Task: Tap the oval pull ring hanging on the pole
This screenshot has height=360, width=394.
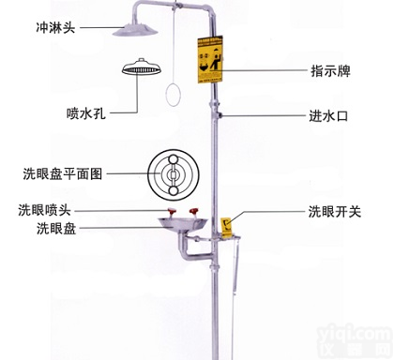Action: pyautogui.click(x=174, y=95)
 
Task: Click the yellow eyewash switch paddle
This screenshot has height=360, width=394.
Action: pyautogui.click(x=228, y=226)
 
